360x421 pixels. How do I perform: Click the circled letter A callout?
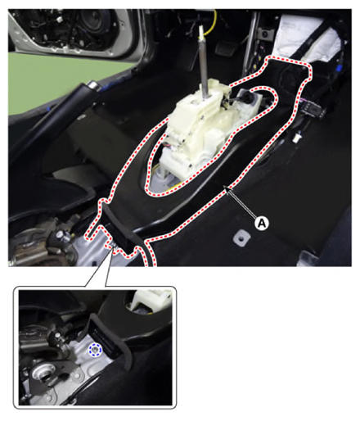click(x=262, y=224)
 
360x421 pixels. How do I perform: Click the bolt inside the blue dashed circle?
click(x=95, y=350)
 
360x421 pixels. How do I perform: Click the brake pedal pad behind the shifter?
click(x=224, y=48)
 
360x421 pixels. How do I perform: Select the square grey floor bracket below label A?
click(x=241, y=238)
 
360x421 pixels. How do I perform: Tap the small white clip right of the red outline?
click(x=297, y=137)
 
